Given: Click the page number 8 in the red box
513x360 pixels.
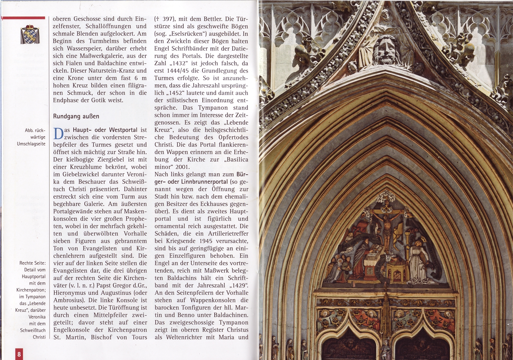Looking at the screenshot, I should [19, 354].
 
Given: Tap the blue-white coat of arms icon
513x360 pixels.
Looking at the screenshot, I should [30, 35].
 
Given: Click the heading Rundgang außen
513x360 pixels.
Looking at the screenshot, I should [76, 116].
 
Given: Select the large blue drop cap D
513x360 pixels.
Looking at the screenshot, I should [58, 134].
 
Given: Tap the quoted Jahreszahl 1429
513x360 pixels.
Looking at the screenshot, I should [239, 286].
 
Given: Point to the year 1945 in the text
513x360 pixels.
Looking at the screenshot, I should [210, 241].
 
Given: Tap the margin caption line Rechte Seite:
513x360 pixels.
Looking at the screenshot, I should [32, 263].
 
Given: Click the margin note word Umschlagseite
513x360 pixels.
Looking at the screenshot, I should [31, 144].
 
